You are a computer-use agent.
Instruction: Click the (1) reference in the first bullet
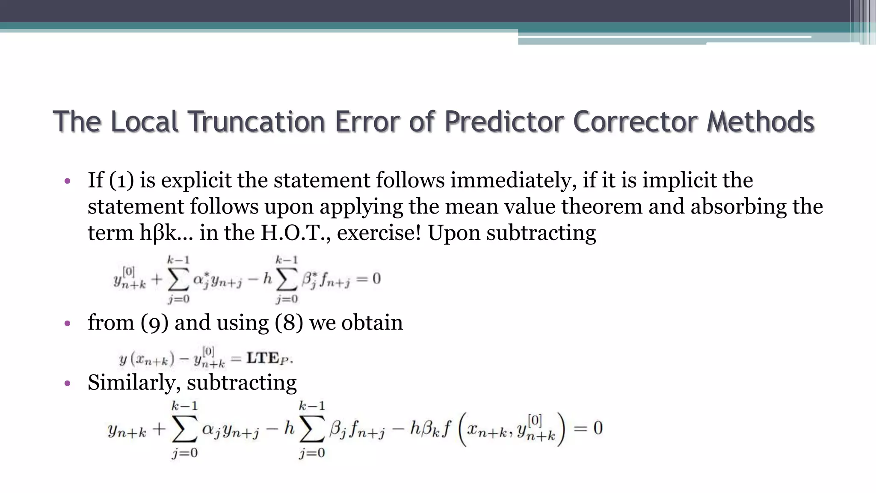[121, 180]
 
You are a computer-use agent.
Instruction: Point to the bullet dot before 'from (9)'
[67, 324]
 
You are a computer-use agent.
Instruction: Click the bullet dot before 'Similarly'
[67, 383]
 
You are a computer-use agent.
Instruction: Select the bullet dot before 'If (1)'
[67, 181]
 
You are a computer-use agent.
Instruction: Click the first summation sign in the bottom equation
[184, 429]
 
